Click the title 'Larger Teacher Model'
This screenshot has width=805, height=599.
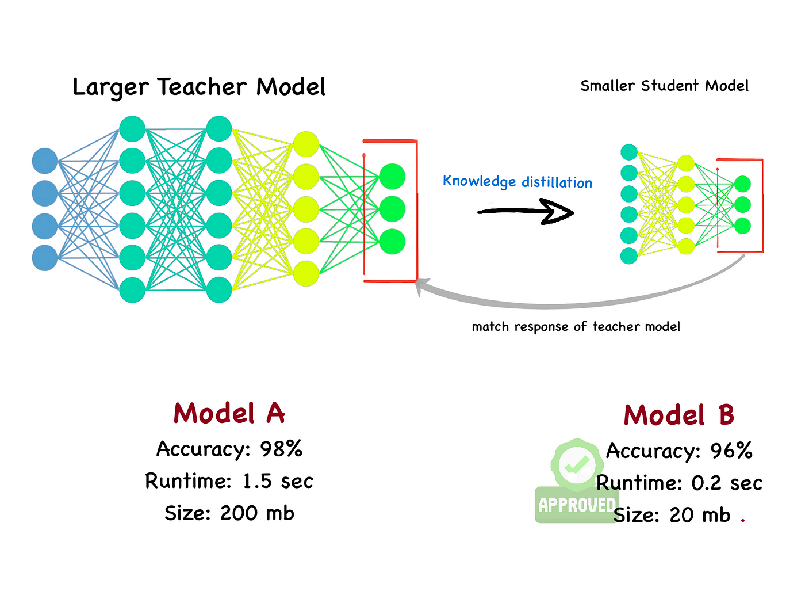click(199, 87)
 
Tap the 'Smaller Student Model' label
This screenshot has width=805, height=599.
click(664, 86)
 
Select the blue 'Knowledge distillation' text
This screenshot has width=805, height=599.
click(517, 182)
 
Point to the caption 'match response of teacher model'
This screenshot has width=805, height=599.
click(576, 327)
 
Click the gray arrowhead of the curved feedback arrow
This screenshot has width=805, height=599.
click(423, 286)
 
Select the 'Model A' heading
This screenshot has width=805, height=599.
click(229, 413)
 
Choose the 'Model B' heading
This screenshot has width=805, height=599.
click(678, 415)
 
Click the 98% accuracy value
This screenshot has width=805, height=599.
click(281, 449)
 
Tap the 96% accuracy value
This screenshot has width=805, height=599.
click(731, 451)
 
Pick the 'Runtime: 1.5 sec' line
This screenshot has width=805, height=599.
click(229, 481)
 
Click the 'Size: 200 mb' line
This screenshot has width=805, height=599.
click(229, 513)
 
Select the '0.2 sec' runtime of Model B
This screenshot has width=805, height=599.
click(727, 483)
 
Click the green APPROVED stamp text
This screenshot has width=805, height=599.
click(576, 505)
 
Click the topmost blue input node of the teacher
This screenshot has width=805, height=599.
click(45, 161)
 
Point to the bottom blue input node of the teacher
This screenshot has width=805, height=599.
click(45, 258)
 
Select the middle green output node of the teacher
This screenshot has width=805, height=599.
click(392, 209)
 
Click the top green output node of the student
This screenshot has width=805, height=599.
click(742, 184)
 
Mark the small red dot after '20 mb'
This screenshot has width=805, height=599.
click(743, 520)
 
